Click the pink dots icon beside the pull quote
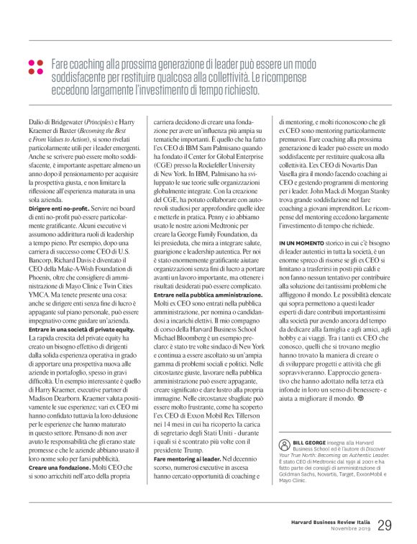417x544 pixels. pyautogui.click(x=35, y=67)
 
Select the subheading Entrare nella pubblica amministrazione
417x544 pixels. pyautogui.click(x=203, y=295)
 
